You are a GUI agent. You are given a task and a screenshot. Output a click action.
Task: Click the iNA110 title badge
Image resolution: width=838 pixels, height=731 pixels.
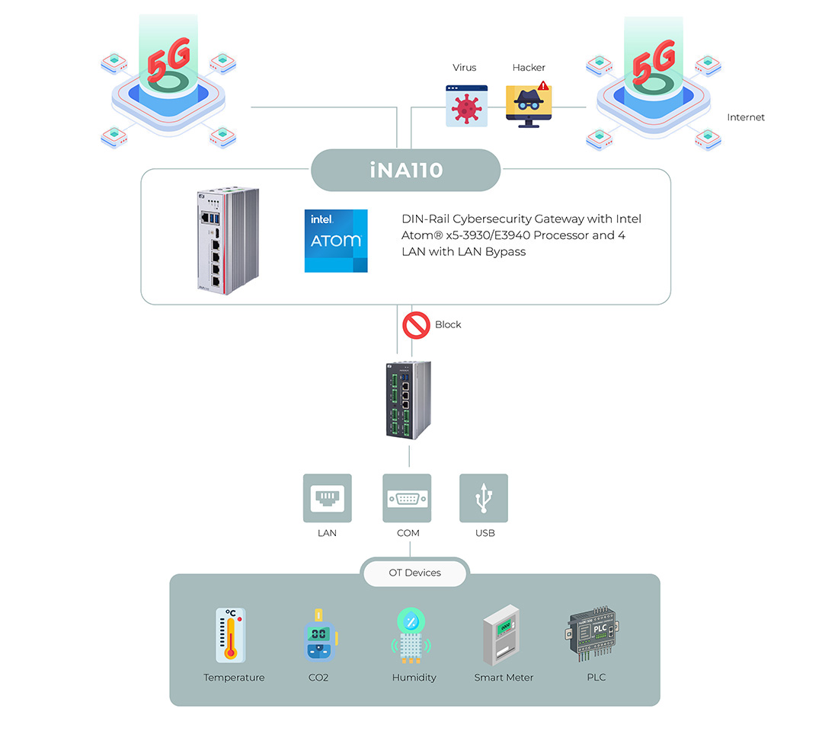405,170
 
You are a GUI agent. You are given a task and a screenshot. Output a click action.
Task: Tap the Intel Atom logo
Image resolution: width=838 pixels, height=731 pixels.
336,241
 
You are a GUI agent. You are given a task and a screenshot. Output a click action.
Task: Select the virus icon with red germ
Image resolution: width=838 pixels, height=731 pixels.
466,106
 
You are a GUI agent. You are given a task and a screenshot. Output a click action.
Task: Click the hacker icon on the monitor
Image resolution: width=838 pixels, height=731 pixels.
529,105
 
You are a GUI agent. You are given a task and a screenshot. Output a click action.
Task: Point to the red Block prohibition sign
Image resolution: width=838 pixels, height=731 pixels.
416,325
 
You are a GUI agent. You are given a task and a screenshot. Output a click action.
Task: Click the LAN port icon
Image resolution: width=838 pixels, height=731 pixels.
328,498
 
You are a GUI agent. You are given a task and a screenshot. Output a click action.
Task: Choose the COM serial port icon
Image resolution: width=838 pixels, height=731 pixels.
407,498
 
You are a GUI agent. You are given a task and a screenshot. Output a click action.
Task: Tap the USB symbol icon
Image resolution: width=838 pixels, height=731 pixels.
484,498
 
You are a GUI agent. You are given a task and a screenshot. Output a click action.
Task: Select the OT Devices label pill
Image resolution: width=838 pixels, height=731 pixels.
414,573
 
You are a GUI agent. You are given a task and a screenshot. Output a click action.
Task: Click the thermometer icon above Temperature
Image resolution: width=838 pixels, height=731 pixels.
231,635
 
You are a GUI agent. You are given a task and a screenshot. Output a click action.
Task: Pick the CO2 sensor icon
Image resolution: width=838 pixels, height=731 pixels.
320,635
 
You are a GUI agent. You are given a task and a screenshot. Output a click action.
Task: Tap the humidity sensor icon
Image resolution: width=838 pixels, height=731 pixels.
411,635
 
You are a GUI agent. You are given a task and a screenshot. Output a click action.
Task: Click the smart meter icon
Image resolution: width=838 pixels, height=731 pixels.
501,635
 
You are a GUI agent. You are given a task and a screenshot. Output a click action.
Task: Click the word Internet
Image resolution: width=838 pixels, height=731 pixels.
746,117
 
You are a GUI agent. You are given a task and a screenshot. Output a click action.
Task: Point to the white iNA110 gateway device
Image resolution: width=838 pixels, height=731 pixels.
229,241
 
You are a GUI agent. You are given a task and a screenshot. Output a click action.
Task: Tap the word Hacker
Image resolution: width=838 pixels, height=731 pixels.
529,67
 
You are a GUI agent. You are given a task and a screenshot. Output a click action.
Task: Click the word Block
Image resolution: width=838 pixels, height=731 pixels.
448,325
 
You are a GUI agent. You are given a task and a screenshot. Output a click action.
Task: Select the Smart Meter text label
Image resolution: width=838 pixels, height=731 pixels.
504,678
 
